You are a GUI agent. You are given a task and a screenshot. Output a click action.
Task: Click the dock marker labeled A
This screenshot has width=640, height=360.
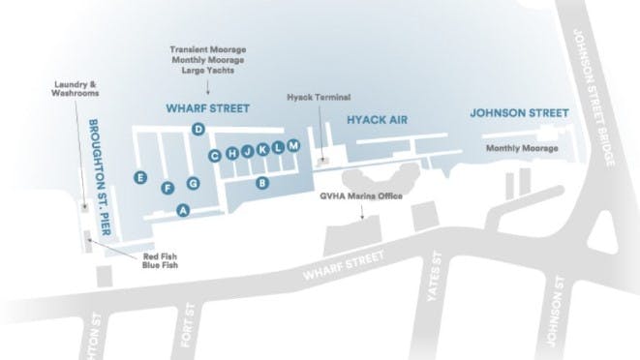[182, 209]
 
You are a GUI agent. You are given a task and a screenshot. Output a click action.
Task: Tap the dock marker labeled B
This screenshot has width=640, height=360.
[261, 182]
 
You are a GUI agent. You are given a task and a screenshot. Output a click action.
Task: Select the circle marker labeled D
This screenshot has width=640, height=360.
[198, 130]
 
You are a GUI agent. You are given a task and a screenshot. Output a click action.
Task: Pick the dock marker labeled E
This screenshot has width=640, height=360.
[141, 178]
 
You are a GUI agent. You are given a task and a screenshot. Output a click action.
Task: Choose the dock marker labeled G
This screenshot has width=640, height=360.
[193, 183]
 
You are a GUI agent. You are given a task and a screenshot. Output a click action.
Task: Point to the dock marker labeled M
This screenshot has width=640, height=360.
[293, 145]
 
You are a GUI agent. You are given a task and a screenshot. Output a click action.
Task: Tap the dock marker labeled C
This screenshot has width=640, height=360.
[217, 155]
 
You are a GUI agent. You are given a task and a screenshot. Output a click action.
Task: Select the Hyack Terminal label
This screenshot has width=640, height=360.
[319, 98]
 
